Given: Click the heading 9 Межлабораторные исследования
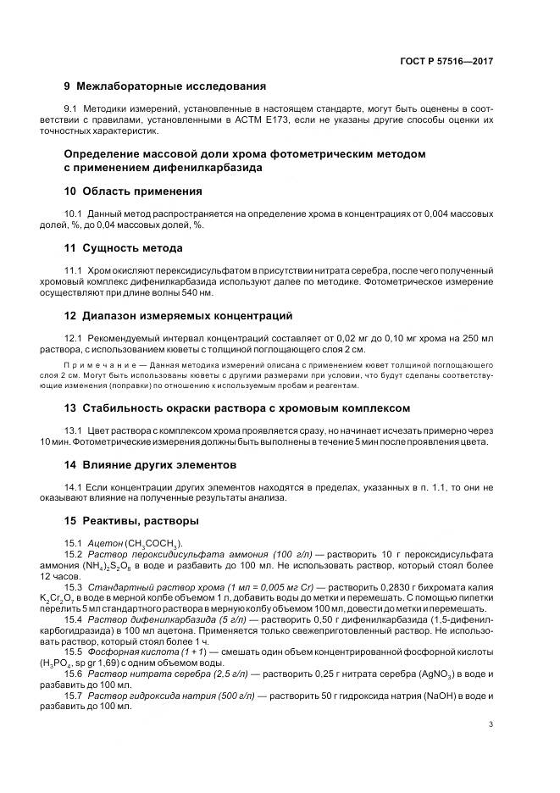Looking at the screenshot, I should pyautogui.click(x=165, y=86).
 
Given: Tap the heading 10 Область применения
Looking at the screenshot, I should pyautogui.click(x=133, y=191).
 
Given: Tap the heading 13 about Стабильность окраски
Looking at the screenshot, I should pyautogui.click(x=237, y=408).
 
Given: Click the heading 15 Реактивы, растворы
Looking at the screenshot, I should pyautogui.click(x=131, y=520).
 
